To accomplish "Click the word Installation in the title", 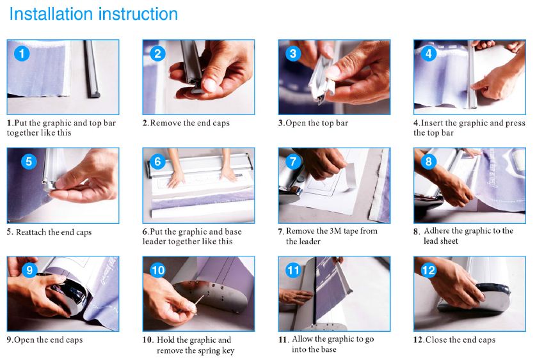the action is click(51, 14).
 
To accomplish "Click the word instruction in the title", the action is click(138, 14).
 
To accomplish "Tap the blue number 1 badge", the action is click(22, 54).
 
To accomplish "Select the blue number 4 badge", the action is click(429, 54).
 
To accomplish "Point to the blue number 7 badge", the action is click(293, 162).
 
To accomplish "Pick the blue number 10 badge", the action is click(157, 270).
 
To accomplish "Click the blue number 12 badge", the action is click(429, 270).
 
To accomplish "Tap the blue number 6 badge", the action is click(157, 162).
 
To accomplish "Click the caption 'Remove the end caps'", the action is click(190, 123).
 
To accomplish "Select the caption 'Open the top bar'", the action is click(317, 123).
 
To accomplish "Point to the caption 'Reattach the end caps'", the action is click(54, 232).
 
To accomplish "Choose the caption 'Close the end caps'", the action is click(460, 340).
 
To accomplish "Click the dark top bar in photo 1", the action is click(92, 69).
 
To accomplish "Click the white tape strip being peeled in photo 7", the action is click(351, 174).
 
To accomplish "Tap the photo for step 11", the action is click(334, 294).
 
